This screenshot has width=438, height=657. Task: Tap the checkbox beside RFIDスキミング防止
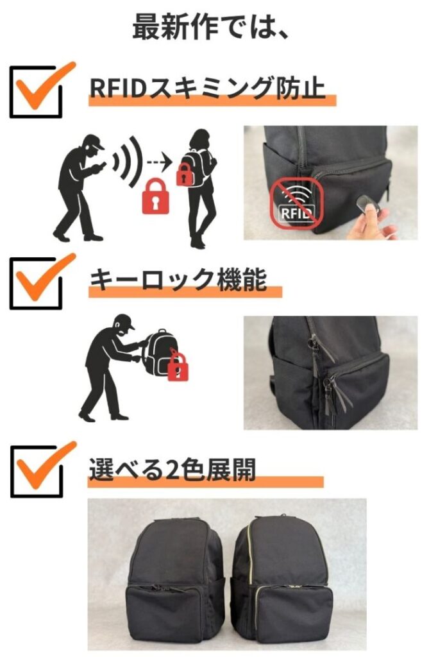click(36, 92)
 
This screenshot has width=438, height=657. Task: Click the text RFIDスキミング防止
click(208, 87)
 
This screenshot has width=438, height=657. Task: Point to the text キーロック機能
click(178, 279)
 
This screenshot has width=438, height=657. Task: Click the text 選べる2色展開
click(172, 469)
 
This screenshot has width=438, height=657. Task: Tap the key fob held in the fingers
click(367, 206)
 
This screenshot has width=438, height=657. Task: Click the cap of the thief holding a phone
click(95, 141)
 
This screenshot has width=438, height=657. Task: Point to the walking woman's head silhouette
click(199, 139)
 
